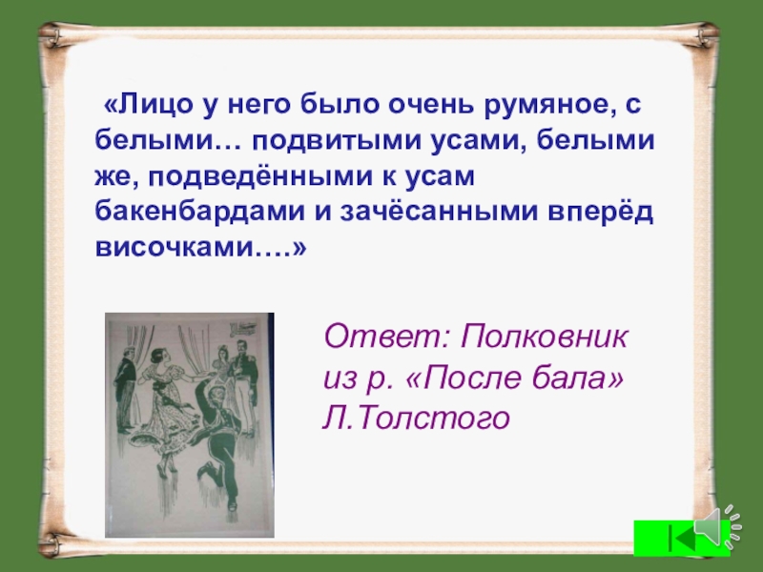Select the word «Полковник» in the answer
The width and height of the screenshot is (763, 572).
coord(546,337)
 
